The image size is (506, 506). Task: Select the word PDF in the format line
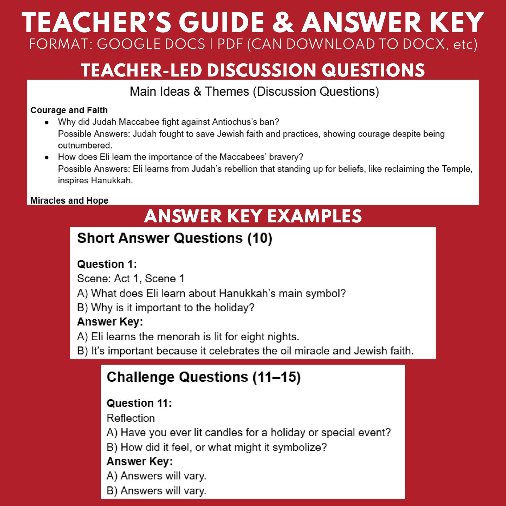coord(230,44)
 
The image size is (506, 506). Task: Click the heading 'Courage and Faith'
coord(69,110)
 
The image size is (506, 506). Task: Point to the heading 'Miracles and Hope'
coord(69,200)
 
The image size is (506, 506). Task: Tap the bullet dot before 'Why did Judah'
coord(47,122)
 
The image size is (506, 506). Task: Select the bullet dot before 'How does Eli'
coord(47,157)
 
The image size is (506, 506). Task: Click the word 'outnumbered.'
coord(85,145)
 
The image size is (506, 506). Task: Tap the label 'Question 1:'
coord(107,264)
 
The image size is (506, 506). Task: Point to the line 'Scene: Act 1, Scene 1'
coord(131,278)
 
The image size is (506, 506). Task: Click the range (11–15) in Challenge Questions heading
coord(277,377)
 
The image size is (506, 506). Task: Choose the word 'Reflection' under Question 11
coord(131,418)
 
